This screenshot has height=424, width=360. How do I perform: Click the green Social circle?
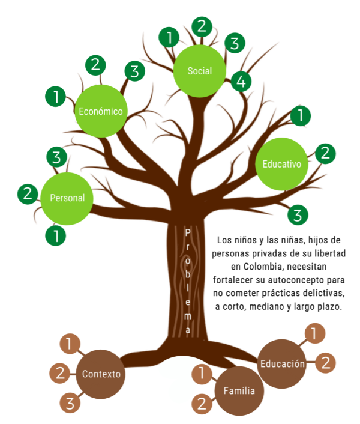coord(200,71)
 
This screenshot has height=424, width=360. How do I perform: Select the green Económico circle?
coord(101,111)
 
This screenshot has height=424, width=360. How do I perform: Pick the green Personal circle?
coord(67,198)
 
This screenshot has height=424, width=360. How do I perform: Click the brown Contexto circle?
coord(101,374)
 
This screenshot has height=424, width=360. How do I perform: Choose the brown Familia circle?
coord(239,391)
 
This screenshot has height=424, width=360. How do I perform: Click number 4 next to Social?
coord(241,82)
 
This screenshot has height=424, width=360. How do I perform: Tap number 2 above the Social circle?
coord(202,26)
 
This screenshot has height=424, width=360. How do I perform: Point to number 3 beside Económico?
coord(135,71)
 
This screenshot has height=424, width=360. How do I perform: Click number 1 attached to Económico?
coord(56,97)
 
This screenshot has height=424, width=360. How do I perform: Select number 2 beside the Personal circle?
coord(28,193)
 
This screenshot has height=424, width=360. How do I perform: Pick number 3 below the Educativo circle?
coord(298,214)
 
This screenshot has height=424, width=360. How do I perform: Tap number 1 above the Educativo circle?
coord(300,114)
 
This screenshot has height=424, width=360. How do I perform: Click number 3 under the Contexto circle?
coord(70,402)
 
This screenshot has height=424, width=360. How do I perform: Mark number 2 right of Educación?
coord(326,362)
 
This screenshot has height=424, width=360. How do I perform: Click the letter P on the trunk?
coord(188,232)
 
